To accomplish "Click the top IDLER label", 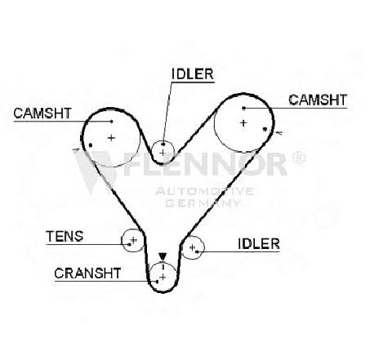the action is tap(193, 74).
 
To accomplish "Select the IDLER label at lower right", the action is tap(259, 244).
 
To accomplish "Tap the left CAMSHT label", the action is tap(42, 113).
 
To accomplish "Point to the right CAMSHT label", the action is tap(318, 100).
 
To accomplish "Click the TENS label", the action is tap(65, 236).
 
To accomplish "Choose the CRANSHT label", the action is tap(87, 273).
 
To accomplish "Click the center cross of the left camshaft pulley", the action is tap(111, 138).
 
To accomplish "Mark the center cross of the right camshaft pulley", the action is tap(243, 123).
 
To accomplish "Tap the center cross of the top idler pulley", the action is tap(163, 153).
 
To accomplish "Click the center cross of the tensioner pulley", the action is tap(133, 240).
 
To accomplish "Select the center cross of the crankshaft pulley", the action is tap(163, 278).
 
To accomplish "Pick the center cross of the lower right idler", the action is tap(192, 247).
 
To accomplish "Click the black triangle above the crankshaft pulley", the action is tap(163, 256).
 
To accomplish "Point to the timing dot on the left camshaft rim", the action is tap(91, 145).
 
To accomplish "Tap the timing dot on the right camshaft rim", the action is tap(265, 129).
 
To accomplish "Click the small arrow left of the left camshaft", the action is tap(76, 149).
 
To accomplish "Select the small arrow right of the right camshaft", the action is tap(279, 133).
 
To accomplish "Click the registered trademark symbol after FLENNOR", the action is tap(299, 158).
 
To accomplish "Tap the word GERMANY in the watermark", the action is tap(203, 203).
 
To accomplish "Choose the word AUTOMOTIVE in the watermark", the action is tap(204, 191).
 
